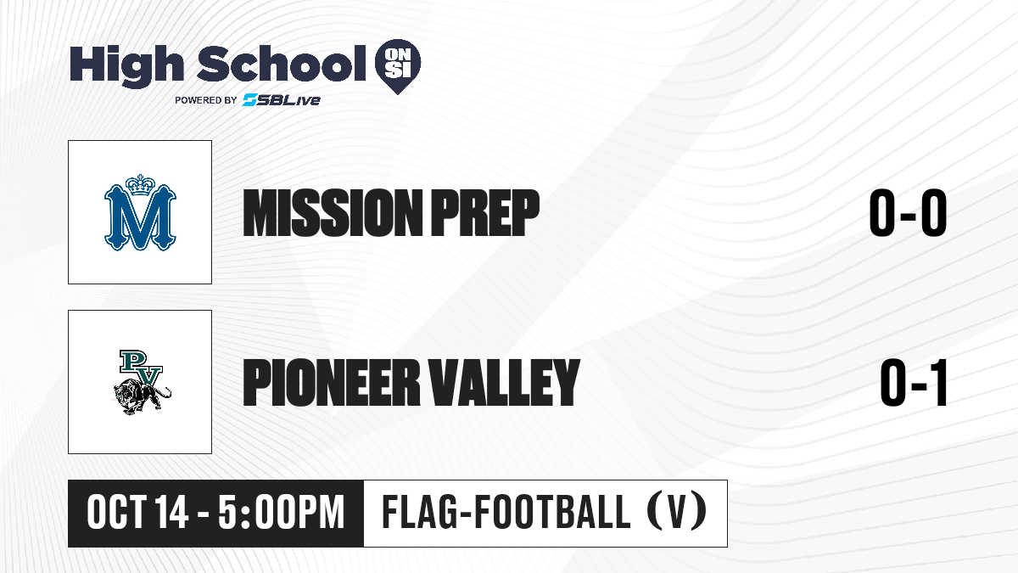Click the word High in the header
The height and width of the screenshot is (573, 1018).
tap(126, 65)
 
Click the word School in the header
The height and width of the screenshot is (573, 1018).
tap(282, 63)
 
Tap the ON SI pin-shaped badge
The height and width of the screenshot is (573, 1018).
tap(398, 66)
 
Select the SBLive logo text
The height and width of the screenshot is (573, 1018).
tap(282, 99)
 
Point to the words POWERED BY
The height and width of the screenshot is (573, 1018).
tap(206, 100)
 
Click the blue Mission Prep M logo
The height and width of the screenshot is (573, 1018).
tap(140, 212)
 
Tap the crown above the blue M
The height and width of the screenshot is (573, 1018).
tap(141, 185)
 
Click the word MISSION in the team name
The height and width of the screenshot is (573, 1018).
tap(333, 213)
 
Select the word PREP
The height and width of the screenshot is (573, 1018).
tap(485, 213)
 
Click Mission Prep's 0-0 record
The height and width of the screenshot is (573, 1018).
tap(908, 213)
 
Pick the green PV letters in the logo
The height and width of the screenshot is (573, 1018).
tap(141, 368)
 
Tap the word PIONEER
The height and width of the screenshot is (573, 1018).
tap(332, 383)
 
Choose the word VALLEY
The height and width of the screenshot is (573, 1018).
tap(505, 383)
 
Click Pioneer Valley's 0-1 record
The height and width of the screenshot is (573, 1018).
tap(914, 383)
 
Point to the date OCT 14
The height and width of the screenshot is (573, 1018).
tap(137, 513)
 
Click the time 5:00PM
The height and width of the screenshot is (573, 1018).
tap(282, 513)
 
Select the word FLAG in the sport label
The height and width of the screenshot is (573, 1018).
tap(419, 513)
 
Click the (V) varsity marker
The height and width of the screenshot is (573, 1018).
tap(676, 513)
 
